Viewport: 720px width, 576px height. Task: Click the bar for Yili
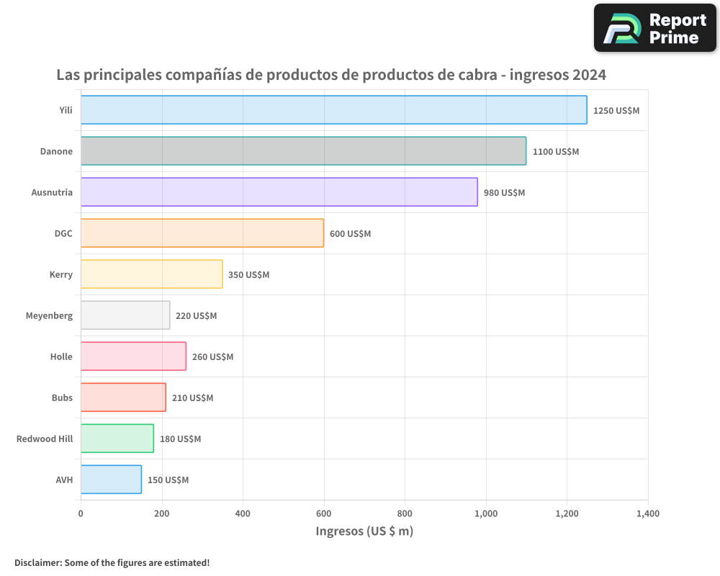tap(333, 110)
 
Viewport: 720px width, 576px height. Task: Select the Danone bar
tap(303, 151)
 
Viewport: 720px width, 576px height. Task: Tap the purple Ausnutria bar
tap(279, 192)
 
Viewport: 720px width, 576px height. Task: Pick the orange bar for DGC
tap(202, 233)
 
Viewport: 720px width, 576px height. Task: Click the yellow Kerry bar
tap(151, 274)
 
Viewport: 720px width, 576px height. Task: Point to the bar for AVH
tap(111, 480)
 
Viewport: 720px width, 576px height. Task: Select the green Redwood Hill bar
tap(117, 438)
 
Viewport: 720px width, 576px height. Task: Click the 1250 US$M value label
tap(616, 111)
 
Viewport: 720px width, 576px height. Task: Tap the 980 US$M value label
tap(504, 193)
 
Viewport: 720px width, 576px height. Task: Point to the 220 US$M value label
tap(196, 316)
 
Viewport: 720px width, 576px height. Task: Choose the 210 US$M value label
tap(192, 398)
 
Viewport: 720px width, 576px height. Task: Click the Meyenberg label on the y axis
tap(49, 315)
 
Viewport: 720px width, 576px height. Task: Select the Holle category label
tap(61, 356)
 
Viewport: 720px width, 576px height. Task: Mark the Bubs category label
tap(62, 397)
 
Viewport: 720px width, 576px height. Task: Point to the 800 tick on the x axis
tap(405, 513)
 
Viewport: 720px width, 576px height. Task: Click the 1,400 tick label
tap(647, 513)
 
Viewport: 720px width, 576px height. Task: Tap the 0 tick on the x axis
tap(81, 513)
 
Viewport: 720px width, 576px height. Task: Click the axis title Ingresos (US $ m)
tap(364, 531)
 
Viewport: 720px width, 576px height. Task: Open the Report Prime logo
tap(655, 28)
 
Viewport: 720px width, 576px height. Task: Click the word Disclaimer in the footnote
tap(37, 562)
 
